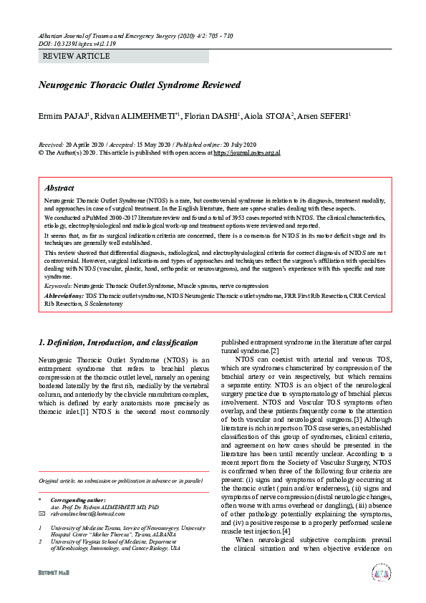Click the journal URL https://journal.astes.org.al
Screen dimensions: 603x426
246,153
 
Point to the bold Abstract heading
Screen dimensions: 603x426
59,188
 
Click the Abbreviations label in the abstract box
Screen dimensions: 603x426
64,294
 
